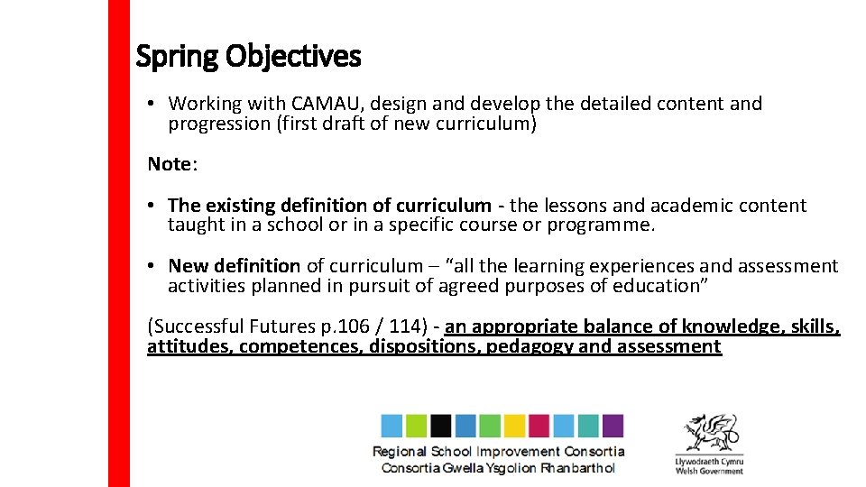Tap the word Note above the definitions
[170, 164]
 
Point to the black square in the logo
[441, 426]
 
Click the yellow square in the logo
[514, 426]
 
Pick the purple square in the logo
[613, 426]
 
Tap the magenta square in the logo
[539, 426]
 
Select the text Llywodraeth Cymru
[709, 461]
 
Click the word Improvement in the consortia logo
[518, 452]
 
